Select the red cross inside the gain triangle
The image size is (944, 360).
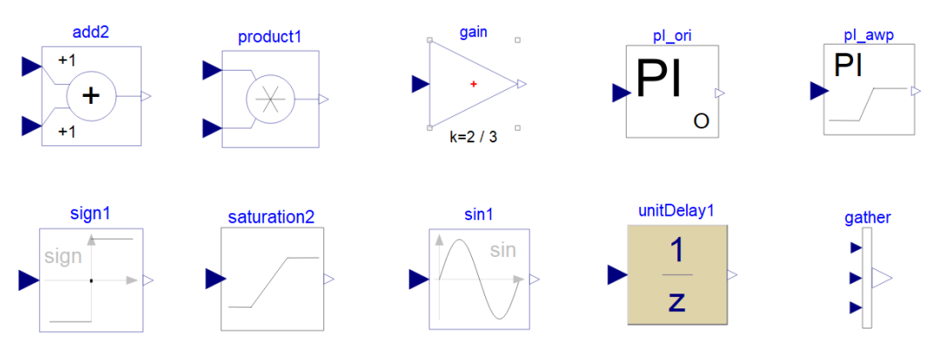click(474, 84)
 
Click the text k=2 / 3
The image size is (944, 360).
click(473, 136)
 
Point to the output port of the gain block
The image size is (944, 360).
click(522, 84)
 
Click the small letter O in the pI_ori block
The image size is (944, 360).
click(701, 121)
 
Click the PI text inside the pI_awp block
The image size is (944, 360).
click(849, 66)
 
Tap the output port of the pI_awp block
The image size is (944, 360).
click(915, 91)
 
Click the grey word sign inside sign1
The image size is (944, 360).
click(63, 257)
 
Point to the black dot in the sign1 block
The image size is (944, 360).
click(91, 280)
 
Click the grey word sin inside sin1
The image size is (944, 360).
click(503, 251)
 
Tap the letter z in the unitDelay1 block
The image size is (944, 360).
click(677, 301)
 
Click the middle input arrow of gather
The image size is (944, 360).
click(856, 278)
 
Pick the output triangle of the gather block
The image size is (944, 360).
click(881, 278)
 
